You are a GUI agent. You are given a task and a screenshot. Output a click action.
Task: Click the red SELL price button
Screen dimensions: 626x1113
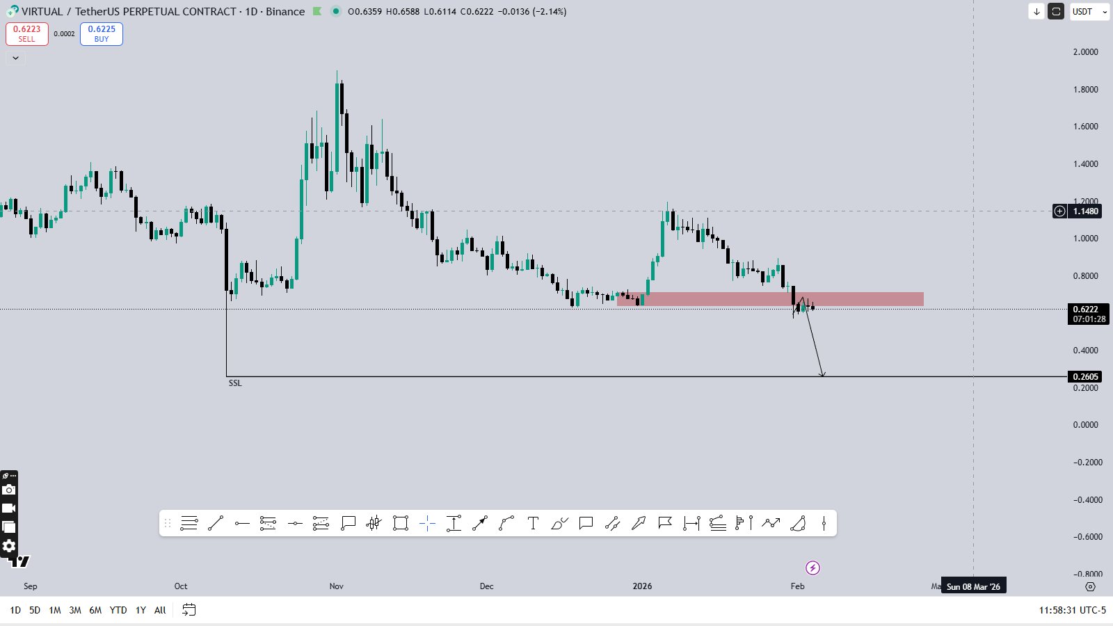click(27, 33)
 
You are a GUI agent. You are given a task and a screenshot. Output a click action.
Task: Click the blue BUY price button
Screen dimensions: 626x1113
click(102, 33)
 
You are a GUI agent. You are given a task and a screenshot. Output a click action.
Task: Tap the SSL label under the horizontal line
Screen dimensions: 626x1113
click(235, 383)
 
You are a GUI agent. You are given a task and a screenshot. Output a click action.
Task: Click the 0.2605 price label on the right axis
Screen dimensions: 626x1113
click(1085, 377)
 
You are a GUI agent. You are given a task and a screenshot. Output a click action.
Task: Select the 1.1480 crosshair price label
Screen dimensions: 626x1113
click(1085, 211)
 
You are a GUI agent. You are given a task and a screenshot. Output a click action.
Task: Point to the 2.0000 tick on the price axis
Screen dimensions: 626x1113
click(1085, 52)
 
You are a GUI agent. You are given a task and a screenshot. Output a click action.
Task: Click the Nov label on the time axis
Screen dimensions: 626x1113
click(337, 586)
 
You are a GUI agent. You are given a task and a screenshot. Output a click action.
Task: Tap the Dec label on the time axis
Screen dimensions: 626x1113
click(487, 586)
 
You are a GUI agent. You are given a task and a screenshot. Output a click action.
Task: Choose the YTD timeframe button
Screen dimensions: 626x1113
click(118, 610)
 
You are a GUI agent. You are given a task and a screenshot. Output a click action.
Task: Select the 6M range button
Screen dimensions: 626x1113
click(95, 610)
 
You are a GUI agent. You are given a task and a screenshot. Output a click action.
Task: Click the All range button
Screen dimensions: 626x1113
click(160, 610)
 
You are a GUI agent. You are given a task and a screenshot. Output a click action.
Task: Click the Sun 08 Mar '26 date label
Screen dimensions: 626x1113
click(973, 586)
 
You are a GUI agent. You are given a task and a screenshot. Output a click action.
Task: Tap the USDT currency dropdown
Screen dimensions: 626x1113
click(1089, 12)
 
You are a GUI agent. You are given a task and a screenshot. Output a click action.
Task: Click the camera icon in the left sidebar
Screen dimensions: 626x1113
click(9, 490)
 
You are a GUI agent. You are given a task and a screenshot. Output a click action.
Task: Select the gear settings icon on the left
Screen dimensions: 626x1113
click(9, 546)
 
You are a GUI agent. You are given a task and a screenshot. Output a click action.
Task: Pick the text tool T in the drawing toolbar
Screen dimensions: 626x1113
click(533, 524)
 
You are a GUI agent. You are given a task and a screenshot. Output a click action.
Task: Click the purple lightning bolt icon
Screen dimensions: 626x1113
click(812, 568)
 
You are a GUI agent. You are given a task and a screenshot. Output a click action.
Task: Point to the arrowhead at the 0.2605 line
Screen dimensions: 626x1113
click(822, 374)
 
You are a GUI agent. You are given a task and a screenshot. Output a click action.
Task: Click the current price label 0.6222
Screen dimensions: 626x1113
click(1085, 310)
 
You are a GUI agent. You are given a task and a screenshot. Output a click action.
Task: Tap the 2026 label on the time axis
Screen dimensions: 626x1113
click(642, 586)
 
